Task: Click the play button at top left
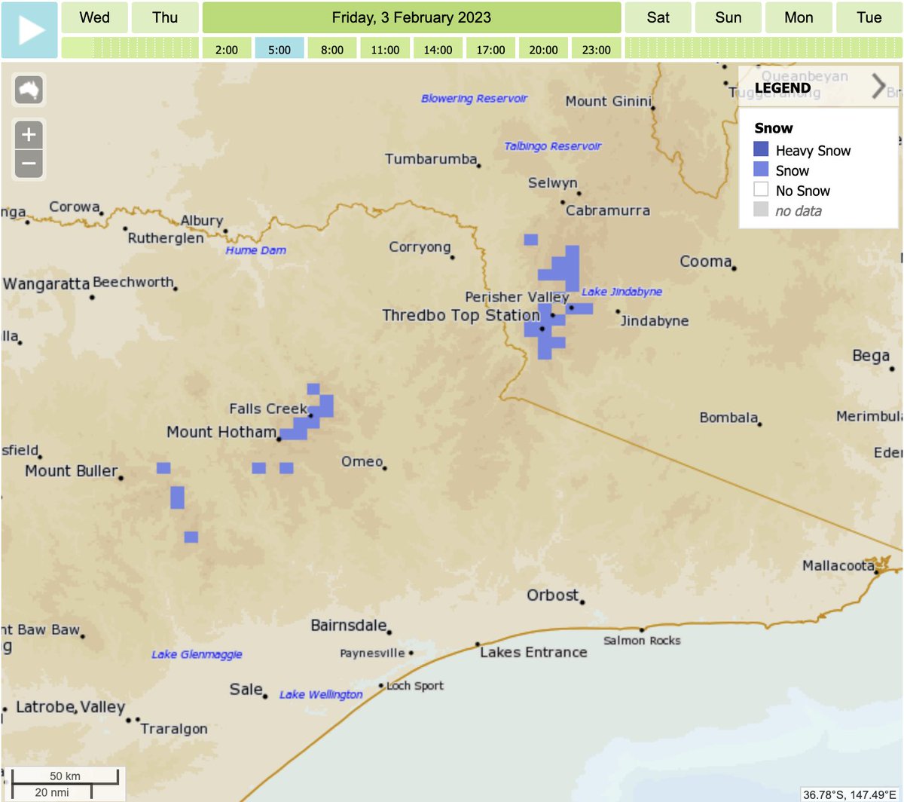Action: point(29,30)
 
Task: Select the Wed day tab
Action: point(94,17)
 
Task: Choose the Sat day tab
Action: point(658,17)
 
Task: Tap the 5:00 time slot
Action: point(279,50)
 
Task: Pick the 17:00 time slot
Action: point(490,50)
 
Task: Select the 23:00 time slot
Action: point(596,50)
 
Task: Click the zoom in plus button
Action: point(29,135)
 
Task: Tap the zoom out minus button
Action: point(29,163)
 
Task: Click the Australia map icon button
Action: point(29,90)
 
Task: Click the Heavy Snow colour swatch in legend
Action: point(761,149)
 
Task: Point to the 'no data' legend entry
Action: point(798,211)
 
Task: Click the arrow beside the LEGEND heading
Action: point(878,87)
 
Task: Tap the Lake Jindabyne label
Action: point(621,292)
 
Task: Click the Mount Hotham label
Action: point(221,432)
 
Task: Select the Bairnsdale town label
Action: point(349,626)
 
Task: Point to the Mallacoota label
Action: point(838,565)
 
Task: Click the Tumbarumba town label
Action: point(431,159)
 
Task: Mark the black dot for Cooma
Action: point(734,268)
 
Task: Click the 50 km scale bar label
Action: point(65,776)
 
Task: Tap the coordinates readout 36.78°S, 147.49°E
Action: point(851,794)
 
